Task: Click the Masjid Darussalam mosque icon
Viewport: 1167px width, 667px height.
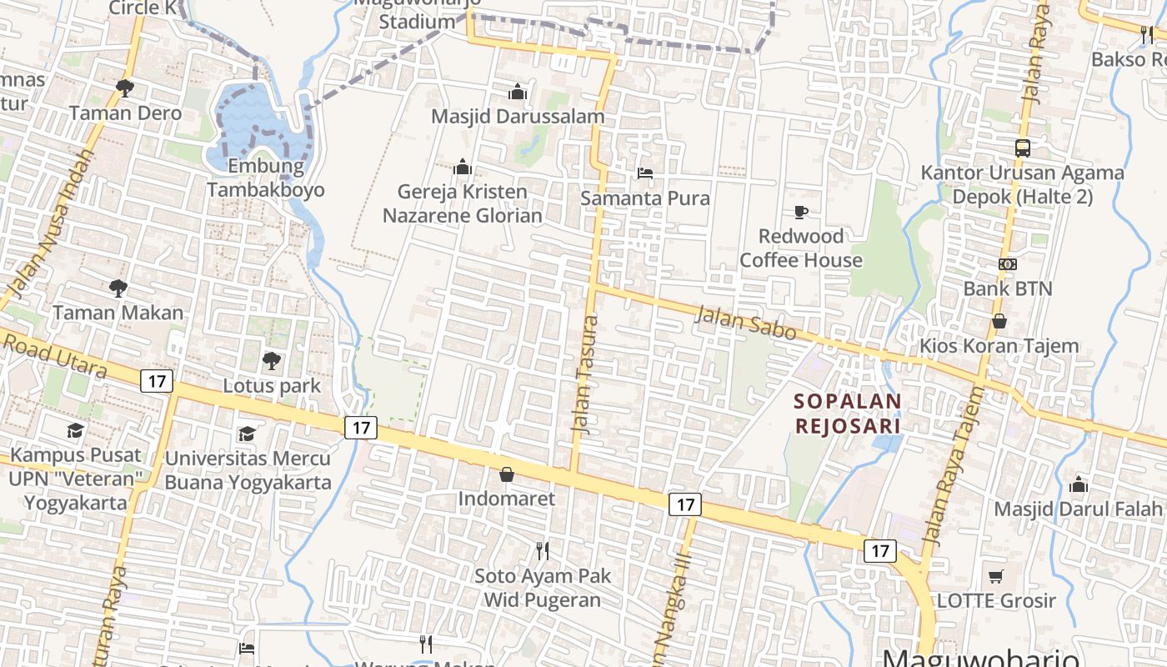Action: [518, 91]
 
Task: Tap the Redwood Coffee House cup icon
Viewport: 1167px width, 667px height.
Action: [800, 212]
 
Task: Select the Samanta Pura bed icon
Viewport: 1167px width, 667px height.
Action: [644, 173]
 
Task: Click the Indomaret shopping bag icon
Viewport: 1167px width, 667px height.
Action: [506, 474]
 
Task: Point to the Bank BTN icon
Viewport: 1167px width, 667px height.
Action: [1007, 264]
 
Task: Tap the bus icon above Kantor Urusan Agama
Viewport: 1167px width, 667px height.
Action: [1022, 148]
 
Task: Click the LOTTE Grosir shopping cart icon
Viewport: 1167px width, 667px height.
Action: [995, 576]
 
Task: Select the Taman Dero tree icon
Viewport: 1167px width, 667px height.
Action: [125, 88]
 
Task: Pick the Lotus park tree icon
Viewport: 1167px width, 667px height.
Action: [271, 361]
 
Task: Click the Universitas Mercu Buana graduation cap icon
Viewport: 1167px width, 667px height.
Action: [247, 434]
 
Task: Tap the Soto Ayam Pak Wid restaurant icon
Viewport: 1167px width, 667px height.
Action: [543, 550]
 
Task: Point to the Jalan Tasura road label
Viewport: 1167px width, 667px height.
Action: [584, 373]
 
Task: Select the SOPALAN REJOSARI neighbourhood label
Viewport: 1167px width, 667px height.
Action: [848, 414]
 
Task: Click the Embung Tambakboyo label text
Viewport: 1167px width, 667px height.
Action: [266, 178]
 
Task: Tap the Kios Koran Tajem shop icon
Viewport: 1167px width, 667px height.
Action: [999, 321]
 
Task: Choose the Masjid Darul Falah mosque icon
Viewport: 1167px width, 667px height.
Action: [1079, 484]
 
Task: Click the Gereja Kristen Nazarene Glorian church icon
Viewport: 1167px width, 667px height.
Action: [463, 168]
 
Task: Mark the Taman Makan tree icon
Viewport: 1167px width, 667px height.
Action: [118, 288]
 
